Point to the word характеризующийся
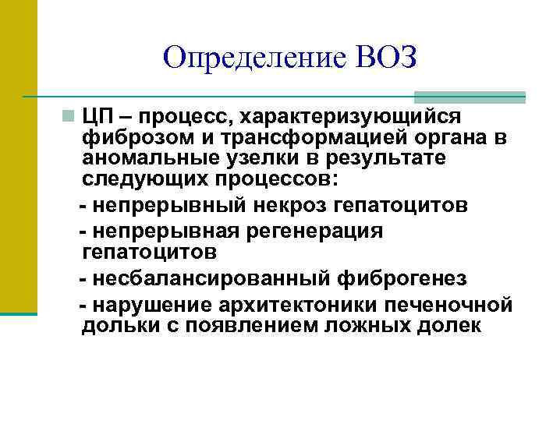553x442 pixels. tap(350, 118)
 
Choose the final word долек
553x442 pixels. tap(452, 325)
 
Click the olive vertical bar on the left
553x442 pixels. tap(18, 156)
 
